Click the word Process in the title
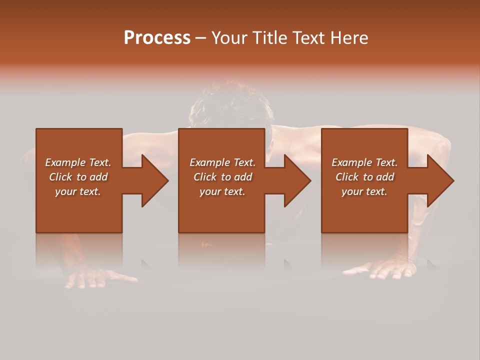[x=157, y=38]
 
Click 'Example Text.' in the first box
[x=78, y=162]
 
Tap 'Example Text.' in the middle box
[x=222, y=162]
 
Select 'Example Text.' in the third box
[x=364, y=162]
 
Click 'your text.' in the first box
[x=78, y=191]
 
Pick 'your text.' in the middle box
[x=222, y=191]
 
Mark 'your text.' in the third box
[x=364, y=191]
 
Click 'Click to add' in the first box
[x=78, y=177]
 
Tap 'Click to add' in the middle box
[x=222, y=177]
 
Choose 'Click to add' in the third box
[x=364, y=177]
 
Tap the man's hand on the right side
[x=385, y=270]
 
